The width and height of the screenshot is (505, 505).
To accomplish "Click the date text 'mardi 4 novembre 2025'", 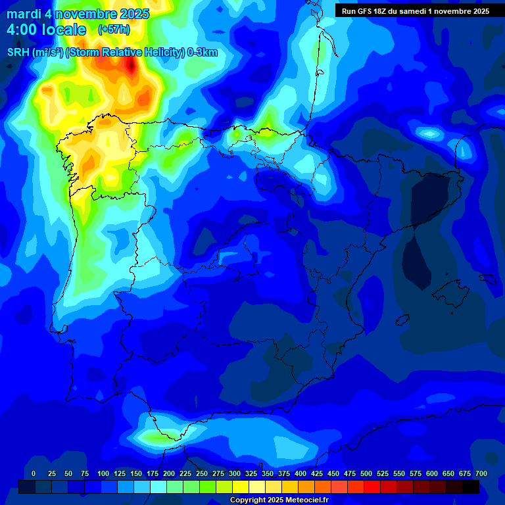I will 78,14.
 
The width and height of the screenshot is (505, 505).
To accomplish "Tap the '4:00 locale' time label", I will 46,30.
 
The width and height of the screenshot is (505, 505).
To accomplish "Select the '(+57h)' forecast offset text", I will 114,30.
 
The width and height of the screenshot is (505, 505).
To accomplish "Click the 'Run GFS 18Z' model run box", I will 416,11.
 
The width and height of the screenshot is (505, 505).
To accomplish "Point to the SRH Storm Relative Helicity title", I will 112,53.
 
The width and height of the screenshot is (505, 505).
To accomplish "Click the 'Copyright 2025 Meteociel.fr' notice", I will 278,500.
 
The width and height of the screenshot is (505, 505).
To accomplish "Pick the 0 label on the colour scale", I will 34,473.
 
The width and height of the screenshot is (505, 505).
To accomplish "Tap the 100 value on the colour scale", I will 103,473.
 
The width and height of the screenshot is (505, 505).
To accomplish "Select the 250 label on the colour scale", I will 202,473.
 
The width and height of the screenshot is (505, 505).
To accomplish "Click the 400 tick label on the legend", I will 301,473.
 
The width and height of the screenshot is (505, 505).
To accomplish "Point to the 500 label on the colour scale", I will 366,473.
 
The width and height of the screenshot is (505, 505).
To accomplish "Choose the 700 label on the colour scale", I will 481,473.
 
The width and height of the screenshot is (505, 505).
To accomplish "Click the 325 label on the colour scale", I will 251,473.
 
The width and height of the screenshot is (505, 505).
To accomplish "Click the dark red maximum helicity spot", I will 131,65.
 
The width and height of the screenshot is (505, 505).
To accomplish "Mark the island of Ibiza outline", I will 402,319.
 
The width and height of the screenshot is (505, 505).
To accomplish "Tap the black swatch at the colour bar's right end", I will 470,487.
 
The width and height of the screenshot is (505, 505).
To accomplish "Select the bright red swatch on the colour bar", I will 372,487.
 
